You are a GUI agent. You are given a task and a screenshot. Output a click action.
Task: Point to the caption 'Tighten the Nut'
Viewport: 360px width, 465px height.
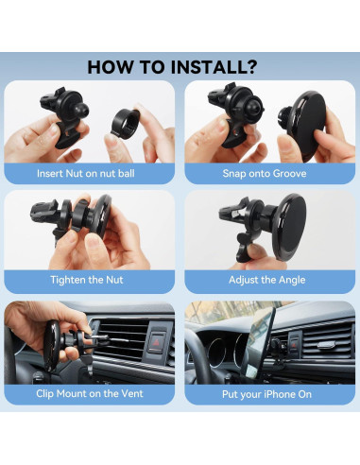click(91, 281)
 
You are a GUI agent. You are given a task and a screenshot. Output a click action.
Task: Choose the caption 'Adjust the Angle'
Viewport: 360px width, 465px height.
click(269, 281)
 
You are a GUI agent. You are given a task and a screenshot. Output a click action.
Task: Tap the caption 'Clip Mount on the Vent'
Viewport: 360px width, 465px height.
click(91, 393)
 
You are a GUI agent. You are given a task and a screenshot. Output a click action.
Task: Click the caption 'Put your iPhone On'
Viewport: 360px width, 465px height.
click(269, 393)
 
